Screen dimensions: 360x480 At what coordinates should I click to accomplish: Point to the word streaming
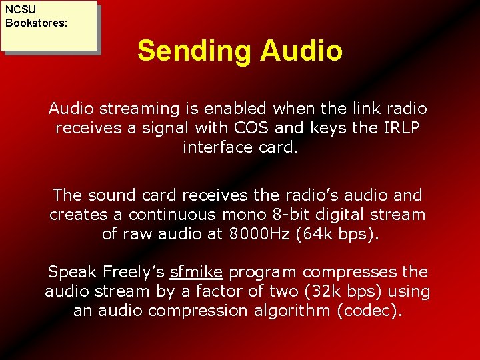click(x=137, y=108)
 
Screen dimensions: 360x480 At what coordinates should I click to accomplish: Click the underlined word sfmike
click(x=196, y=272)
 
